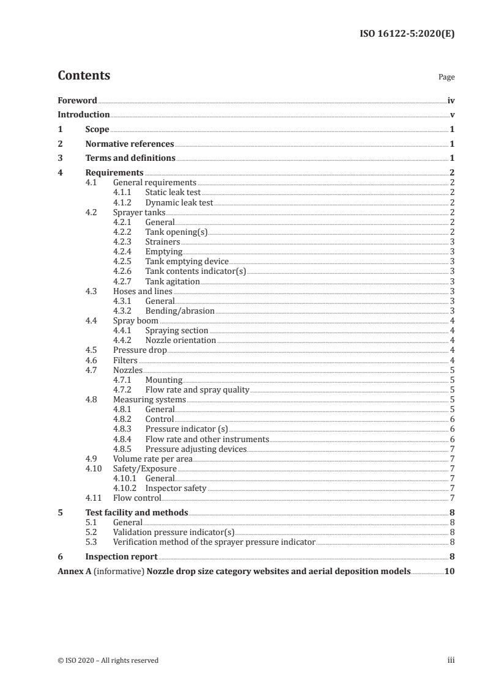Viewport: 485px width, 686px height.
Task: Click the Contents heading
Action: coord(84,76)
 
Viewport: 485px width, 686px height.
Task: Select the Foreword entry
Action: coord(77,100)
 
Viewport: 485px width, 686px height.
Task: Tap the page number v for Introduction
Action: coord(452,114)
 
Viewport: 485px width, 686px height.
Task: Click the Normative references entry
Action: coord(130,144)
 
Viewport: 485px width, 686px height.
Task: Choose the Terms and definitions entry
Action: coord(130,158)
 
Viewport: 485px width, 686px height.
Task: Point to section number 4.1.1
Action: coord(124,192)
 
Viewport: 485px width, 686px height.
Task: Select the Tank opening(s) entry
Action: coord(177,232)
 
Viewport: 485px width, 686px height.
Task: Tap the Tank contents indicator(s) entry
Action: coord(195,271)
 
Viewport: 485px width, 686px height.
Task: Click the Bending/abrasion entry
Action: coord(180,311)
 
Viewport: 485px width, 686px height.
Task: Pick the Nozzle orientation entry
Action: coord(180,340)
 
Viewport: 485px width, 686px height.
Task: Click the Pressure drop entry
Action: coord(140,350)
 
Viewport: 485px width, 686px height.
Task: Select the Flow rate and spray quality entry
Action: coord(198,389)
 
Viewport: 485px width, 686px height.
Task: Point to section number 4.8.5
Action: coord(124,449)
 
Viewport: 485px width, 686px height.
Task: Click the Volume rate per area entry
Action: coord(153,459)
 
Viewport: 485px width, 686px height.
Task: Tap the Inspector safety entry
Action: coord(176,488)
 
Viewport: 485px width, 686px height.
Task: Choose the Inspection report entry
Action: coord(121,557)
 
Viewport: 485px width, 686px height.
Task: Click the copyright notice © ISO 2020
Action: coord(108,660)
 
